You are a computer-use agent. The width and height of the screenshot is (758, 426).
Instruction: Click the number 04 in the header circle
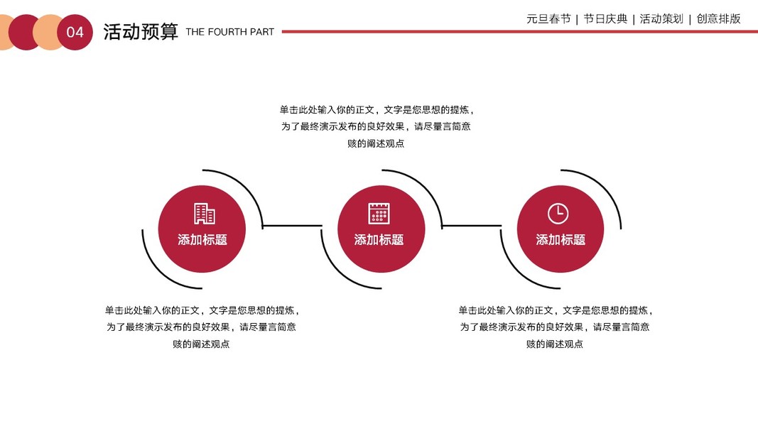(x=75, y=33)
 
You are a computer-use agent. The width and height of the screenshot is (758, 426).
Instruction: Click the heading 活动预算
(x=141, y=32)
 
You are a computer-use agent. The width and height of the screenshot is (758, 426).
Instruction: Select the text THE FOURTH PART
(x=229, y=32)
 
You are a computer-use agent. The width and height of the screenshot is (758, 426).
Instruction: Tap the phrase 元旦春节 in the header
(x=548, y=19)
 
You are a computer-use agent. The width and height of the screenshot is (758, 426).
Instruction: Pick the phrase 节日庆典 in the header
(x=605, y=19)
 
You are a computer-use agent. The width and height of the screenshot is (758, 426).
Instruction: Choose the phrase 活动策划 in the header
(x=661, y=19)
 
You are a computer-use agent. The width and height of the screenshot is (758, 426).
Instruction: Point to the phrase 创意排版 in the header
(x=718, y=19)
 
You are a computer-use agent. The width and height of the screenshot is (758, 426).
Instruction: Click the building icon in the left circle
(x=204, y=214)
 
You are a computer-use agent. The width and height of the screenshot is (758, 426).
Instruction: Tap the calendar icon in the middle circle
(x=379, y=213)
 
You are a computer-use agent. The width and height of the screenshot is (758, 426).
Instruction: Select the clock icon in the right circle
(x=558, y=213)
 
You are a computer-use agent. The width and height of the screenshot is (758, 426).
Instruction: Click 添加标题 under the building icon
(x=202, y=240)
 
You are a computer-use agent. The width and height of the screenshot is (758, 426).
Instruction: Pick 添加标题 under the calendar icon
(x=379, y=240)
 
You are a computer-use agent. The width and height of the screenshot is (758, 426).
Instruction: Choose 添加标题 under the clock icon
(x=561, y=240)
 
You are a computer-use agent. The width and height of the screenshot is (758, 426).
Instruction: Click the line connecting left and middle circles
(x=292, y=226)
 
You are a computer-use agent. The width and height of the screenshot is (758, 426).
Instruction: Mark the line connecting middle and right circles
(x=472, y=226)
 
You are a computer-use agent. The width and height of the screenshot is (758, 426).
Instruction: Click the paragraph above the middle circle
(x=377, y=126)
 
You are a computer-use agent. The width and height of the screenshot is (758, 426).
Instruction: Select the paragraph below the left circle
(x=202, y=327)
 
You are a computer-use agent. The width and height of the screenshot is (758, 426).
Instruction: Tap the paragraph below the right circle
(x=555, y=327)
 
